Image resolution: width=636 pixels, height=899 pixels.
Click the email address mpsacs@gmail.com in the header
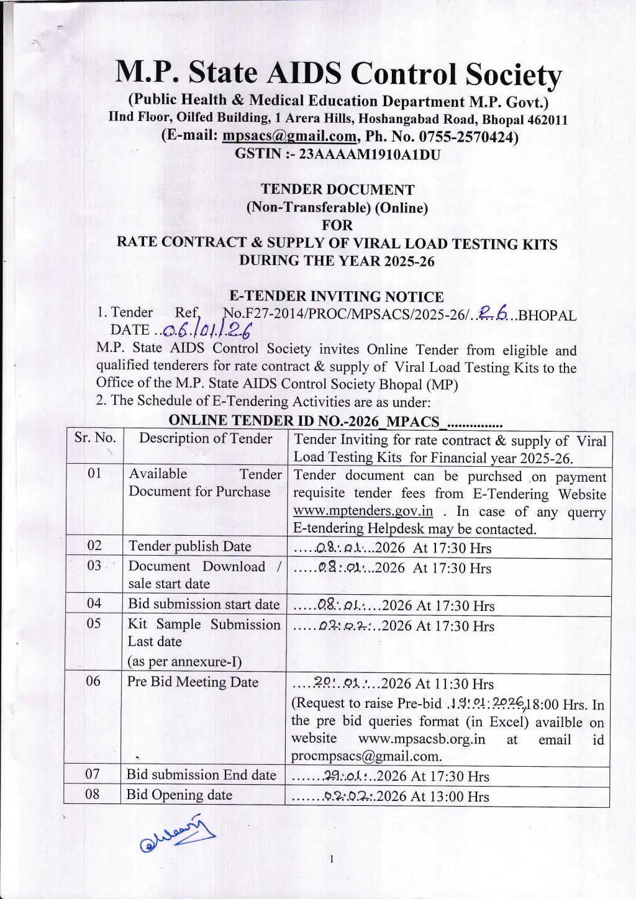click(289, 136)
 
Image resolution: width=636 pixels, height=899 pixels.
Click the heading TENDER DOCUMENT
click(337, 189)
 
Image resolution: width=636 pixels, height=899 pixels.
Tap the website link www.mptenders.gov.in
click(363, 511)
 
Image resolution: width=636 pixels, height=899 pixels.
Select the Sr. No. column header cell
click(95, 438)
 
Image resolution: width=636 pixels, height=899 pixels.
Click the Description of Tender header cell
click(205, 438)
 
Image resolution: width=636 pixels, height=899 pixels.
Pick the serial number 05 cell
click(94, 623)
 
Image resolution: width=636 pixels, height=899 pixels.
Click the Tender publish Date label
click(189, 546)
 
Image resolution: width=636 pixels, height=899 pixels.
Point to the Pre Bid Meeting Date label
click(193, 682)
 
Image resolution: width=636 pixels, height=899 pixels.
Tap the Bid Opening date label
click(179, 795)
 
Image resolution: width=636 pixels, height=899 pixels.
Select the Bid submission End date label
click(201, 775)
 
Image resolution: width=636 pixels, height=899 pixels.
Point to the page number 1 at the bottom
click(332, 859)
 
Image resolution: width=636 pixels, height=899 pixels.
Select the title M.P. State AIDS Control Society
click(338, 74)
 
